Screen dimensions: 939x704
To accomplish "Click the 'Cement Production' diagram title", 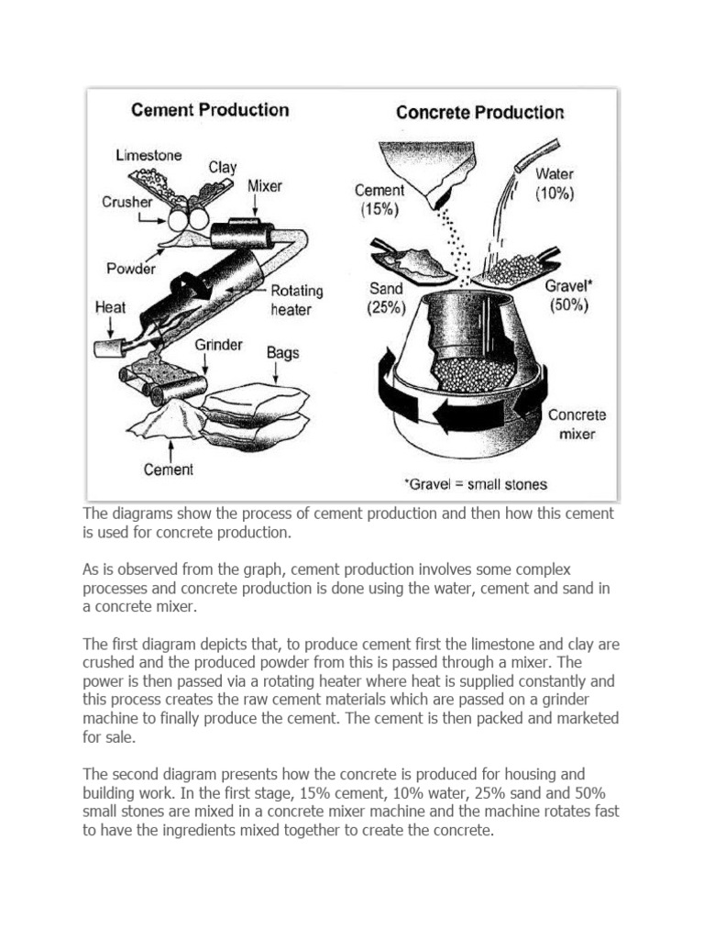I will coord(210,110).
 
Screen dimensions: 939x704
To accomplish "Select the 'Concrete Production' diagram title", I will coord(479,113).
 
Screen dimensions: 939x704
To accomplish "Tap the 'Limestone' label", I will coord(148,155).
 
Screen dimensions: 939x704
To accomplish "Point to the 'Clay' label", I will coord(222,167).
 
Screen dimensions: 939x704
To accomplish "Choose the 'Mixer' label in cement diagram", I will coord(265,185).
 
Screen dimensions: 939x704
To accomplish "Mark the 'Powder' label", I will coord(131,269).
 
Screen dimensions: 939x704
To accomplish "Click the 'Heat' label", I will coord(111,308).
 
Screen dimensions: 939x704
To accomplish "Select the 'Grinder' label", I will coord(218,345).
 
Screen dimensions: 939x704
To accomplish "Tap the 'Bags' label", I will coord(283,351).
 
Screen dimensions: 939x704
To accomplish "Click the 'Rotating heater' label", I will coord(296,300).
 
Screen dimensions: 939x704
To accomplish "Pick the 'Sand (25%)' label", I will coord(386,298).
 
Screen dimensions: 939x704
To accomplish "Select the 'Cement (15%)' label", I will coord(379,200).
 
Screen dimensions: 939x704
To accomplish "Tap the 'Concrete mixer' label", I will coord(577,424).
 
